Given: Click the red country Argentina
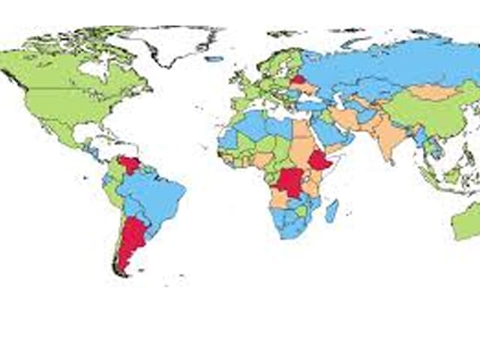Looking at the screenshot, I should tap(133, 240).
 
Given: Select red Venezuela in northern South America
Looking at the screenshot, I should tap(130, 164).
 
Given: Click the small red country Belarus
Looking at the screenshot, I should tap(298, 78).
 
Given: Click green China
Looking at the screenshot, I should tap(424, 112).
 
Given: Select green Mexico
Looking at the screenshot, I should tap(71, 135).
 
